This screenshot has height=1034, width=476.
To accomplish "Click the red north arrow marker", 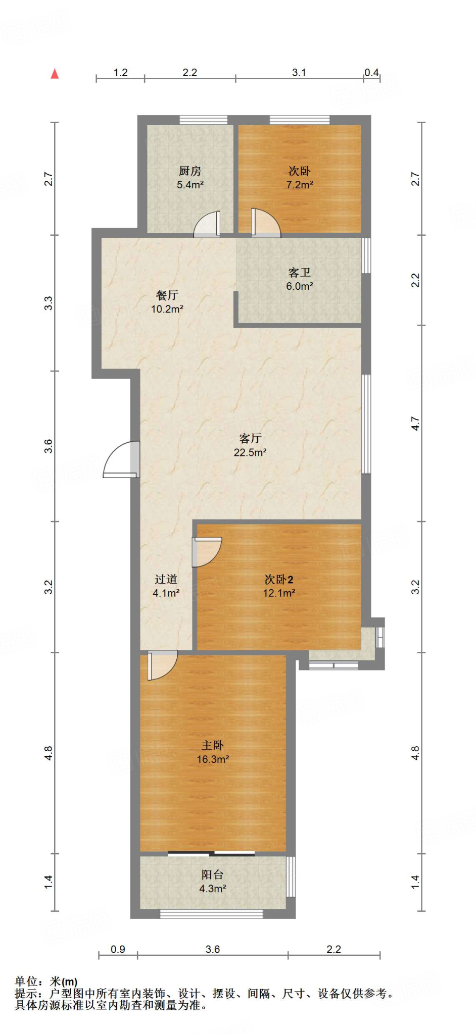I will pyautogui.click(x=55, y=74).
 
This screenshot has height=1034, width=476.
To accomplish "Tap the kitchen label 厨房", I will pyautogui.click(x=190, y=172).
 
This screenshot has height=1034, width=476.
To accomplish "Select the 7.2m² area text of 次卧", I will pyautogui.click(x=300, y=185).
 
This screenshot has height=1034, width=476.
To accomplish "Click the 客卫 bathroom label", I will pyautogui.click(x=299, y=273).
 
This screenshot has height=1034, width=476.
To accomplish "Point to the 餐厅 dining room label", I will pyautogui.click(x=167, y=295).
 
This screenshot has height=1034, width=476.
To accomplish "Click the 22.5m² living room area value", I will pyautogui.click(x=250, y=452).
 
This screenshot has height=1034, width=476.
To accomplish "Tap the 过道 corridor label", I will pyautogui.click(x=166, y=580).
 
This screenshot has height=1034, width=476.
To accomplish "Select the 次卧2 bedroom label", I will pyautogui.click(x=279, y=580).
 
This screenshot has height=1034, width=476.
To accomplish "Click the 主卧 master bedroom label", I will pyautogui.click(x=213, y=745).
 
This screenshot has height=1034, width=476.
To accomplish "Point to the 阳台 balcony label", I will pyautogui.click(x=212, y=875).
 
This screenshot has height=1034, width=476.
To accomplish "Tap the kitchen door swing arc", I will pyautogui.click(x=207, y=224).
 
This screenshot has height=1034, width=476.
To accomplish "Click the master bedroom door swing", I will pyautogui.click(x=163, y=665).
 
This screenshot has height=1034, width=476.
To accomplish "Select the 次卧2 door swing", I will pyautogui.click(x=207, y=552).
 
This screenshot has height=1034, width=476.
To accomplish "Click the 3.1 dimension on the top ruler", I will pyautogui.click(x=299, y=73).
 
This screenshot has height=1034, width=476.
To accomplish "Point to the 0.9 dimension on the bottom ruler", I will pyautogui.click(x=118, y=949).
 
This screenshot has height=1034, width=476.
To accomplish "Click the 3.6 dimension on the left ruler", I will pyautogui.click(x=48, y=446).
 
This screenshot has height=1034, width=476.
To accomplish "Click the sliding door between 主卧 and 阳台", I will pyautogui.click(x=211, y=854).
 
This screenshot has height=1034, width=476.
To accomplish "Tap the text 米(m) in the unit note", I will pyautogui.click(x=64, y=981).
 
